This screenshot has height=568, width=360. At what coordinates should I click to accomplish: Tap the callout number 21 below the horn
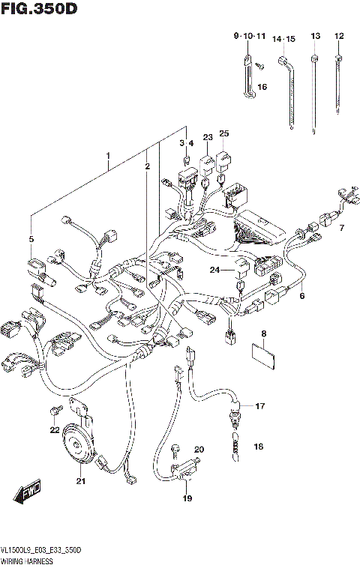click(81, 482)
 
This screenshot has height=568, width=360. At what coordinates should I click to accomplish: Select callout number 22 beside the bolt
click(54, 429)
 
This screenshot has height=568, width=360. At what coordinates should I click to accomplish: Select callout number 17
click(259, 407)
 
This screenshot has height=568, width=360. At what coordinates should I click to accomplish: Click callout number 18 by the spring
click(259, 447)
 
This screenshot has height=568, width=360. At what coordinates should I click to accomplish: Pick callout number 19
click(187, 498)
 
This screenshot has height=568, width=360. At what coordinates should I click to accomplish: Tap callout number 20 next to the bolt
click(199, 450)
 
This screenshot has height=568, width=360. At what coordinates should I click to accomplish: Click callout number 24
click(215, 271)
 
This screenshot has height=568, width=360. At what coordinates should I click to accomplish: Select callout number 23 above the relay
click(208, 136)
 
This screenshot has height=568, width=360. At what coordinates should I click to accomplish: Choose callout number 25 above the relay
click(223, 134)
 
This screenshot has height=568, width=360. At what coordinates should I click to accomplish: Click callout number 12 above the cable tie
click(339, 36)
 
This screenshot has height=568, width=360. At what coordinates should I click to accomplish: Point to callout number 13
click(315, 36)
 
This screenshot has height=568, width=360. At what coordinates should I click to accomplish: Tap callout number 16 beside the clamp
click(262, 88)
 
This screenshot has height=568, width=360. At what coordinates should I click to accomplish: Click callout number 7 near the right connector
click(341, 228)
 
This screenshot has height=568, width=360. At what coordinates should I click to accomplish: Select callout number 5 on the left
click(31, 239)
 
